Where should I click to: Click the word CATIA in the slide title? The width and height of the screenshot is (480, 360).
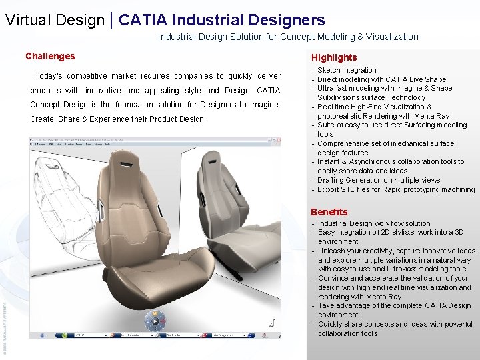142,20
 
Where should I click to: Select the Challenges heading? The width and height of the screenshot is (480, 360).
50,57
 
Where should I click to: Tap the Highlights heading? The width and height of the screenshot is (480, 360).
333,57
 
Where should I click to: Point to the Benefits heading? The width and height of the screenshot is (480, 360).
329,212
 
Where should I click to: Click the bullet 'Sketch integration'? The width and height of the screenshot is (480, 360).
347,70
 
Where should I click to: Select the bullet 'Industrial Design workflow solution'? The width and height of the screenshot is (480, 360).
374,223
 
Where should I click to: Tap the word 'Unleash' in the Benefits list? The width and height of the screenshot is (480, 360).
332,251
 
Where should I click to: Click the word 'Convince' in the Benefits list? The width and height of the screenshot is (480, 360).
333,278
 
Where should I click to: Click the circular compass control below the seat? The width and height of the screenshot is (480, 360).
155,322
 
